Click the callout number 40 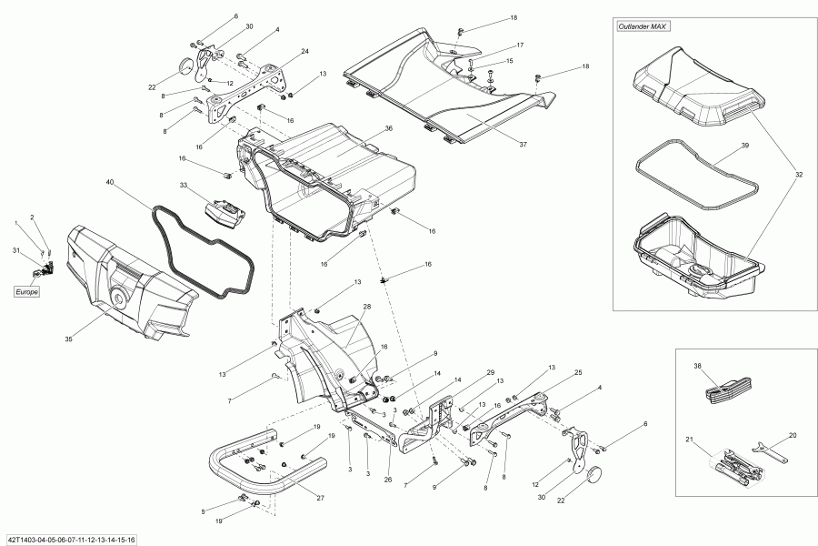(x=109, y=183)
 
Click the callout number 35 (x=69, y=339)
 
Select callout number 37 (x=523, y=144)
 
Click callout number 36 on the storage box (x=388, y=128)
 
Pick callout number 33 (x=183, y=186)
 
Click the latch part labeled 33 (x=225, y=214)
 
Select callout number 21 (x=689, y=440)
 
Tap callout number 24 (x=305, y=51)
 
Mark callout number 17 (x=520, y=45)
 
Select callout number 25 (x=577, y=372)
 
